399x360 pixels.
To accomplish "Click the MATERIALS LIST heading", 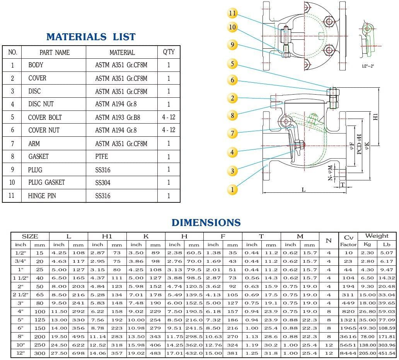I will [x=91, y=37].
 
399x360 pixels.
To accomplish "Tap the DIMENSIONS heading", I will [x=206, y=223].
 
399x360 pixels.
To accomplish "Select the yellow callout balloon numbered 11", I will [x=232, y=14].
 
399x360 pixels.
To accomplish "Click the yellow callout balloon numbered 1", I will [x=232, y=189].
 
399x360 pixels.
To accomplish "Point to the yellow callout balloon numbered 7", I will [x=232, y=133].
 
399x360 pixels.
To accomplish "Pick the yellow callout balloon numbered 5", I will [x=232, y=64].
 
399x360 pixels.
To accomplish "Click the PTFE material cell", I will [x=102, y=157].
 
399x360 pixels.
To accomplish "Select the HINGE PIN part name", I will [x=42, y=196].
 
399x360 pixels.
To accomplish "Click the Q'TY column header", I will [x=169, y=52].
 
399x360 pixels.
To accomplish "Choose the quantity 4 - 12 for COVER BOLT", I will [x=169, y=117].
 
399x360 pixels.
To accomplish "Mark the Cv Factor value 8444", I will [x=348, y=353].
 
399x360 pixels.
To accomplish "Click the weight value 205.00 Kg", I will [x=367, y=353].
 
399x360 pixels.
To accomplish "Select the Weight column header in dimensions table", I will [x=377, y=236].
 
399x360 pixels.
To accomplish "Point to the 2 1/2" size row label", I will [x=20, y=295].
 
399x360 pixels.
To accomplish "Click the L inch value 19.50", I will [x=59, y=336].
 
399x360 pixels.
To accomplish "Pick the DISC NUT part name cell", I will [x=41, y=104].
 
